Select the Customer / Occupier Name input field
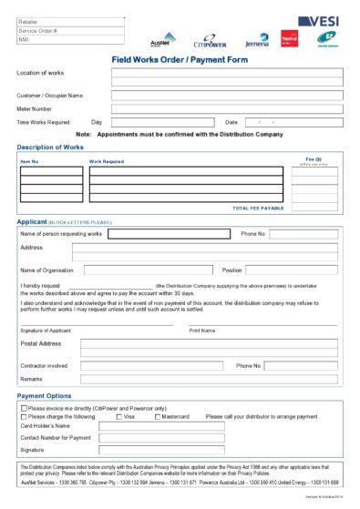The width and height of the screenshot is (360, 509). pos(227,94)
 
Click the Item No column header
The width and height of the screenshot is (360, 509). pos(30,160)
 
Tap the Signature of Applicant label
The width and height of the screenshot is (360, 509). pos(45,330)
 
